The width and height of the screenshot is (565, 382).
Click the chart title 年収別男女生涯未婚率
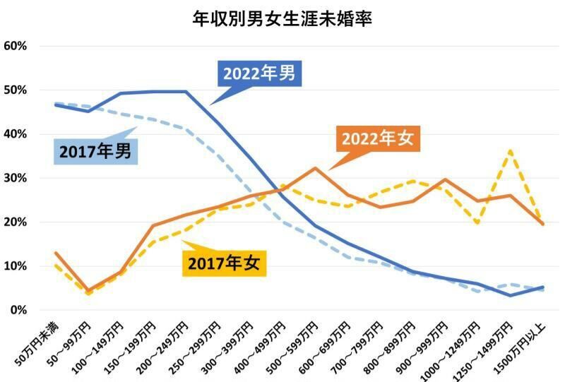pyautogui.click(x=282, y=18)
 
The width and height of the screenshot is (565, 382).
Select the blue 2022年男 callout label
pyautogui.click(x=258, y=73)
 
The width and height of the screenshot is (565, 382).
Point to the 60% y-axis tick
pyautogui.click(x=16, y=46)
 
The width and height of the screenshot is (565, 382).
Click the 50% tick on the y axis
pyautogui.click(x=16, y=90)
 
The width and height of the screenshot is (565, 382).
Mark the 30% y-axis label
pyautogui.click(x=16, y=178)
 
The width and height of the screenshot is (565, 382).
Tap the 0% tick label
pyautogui.click(x=18, y=310)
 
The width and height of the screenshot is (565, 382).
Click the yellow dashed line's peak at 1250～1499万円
pyautogui.click(x=509, y=150)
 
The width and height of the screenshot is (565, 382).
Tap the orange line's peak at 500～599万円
pyautogui.click(x=315, y=168)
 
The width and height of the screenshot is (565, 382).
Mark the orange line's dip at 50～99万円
pyautogui.click(x=88, y=290)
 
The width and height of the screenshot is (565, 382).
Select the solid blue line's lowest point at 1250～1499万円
pyautogui.click(x=509, y=295)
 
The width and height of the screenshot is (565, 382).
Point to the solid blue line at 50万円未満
pyautogui.click(x=55, y=105)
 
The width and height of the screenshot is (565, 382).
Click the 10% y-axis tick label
pyautogui.click(x=16, y=266)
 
